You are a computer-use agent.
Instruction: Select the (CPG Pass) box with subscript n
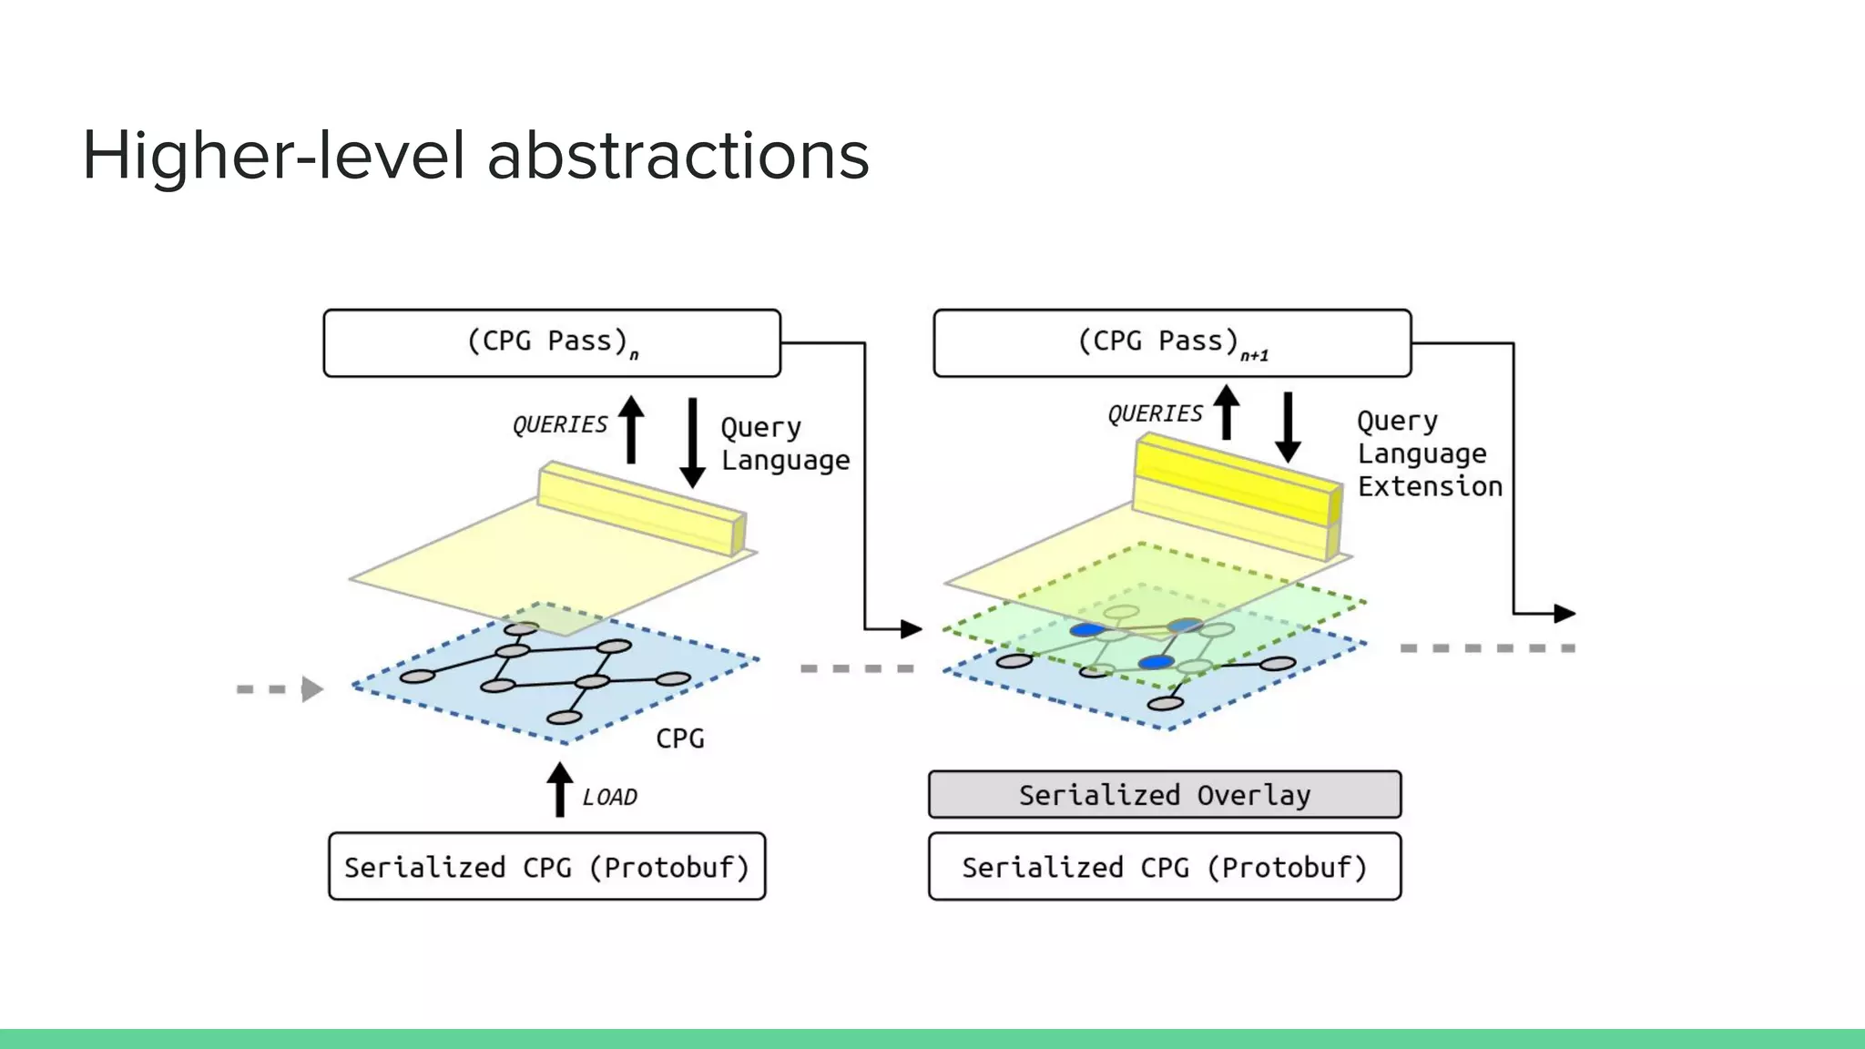[x=552, y=343]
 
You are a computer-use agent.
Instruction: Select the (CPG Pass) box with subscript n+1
[x=1172, y=343]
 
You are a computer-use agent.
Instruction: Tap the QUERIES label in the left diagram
[x=559, y=425]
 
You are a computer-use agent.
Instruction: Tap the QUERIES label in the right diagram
[x=1155, y=414]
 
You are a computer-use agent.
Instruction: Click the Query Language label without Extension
[x=784, y=444]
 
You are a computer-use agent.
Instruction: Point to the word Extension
[x=1430, y=486]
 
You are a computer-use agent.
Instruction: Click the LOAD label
[x=609, y=798]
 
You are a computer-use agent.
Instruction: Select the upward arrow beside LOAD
[x=560, y=789]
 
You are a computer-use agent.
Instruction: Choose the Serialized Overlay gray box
[x=1164, y=795]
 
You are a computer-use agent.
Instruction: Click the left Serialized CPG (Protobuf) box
[x=546, y=867]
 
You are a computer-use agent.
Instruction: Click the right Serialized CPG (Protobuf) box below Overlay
[x=1164, y=867]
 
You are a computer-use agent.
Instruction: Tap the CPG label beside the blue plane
[x=680, y=738]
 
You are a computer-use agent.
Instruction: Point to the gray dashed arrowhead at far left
[x=311, y=689]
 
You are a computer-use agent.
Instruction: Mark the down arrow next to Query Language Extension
[x=1288, y=428]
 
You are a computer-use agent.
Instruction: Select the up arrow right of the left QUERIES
[x=631, y=429]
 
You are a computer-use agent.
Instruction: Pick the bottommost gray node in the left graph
[x=564, y=718]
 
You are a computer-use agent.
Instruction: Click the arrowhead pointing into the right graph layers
[x=911, y=629]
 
